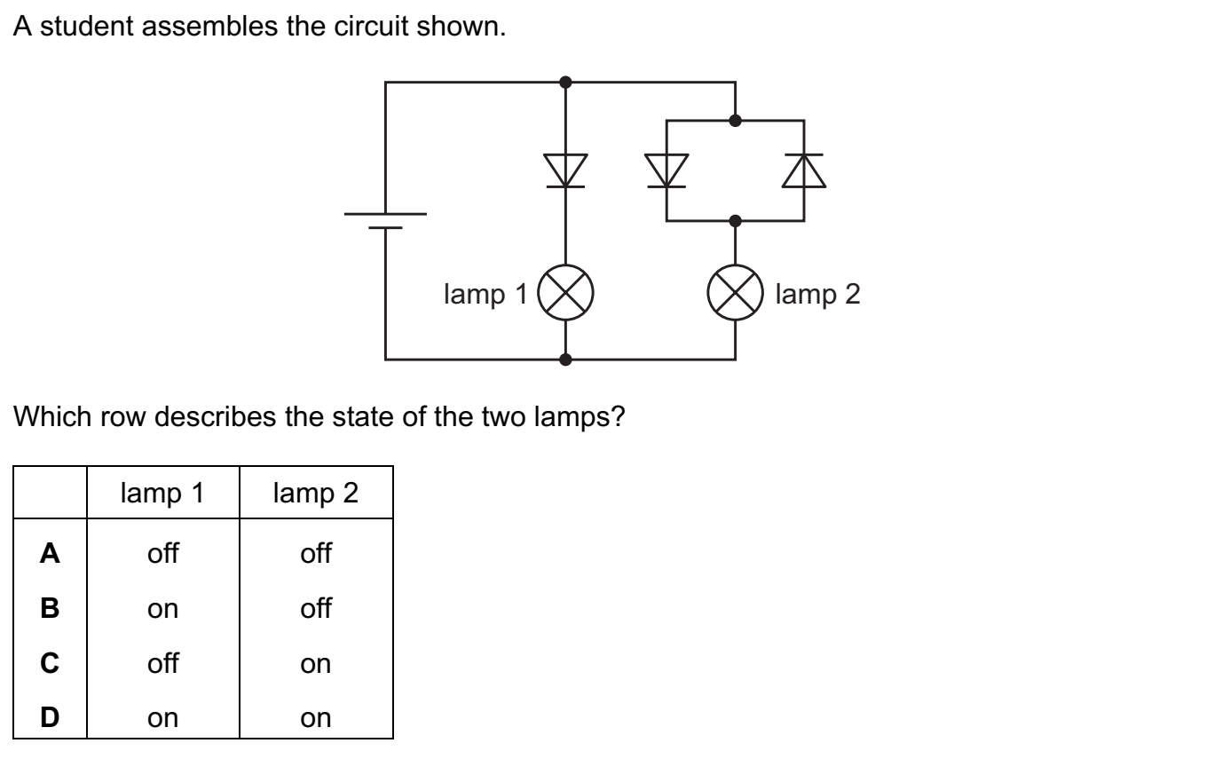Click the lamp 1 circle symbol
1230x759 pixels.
566,292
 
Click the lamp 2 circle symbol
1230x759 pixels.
735,292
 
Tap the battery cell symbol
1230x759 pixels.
385,221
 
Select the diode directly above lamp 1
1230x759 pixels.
566,170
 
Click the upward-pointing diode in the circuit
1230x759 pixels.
804,170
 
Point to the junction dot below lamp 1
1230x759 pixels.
566,360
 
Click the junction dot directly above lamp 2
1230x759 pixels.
735,219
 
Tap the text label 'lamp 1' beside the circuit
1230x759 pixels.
485,294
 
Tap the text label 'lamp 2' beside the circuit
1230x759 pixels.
817,294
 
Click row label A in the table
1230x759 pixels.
50,554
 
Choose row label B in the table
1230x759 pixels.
50,609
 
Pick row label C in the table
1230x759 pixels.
50,663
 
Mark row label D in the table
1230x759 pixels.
50,717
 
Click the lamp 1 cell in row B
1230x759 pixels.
163,609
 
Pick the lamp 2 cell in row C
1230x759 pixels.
316,663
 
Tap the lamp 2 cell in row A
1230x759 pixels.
316,554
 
